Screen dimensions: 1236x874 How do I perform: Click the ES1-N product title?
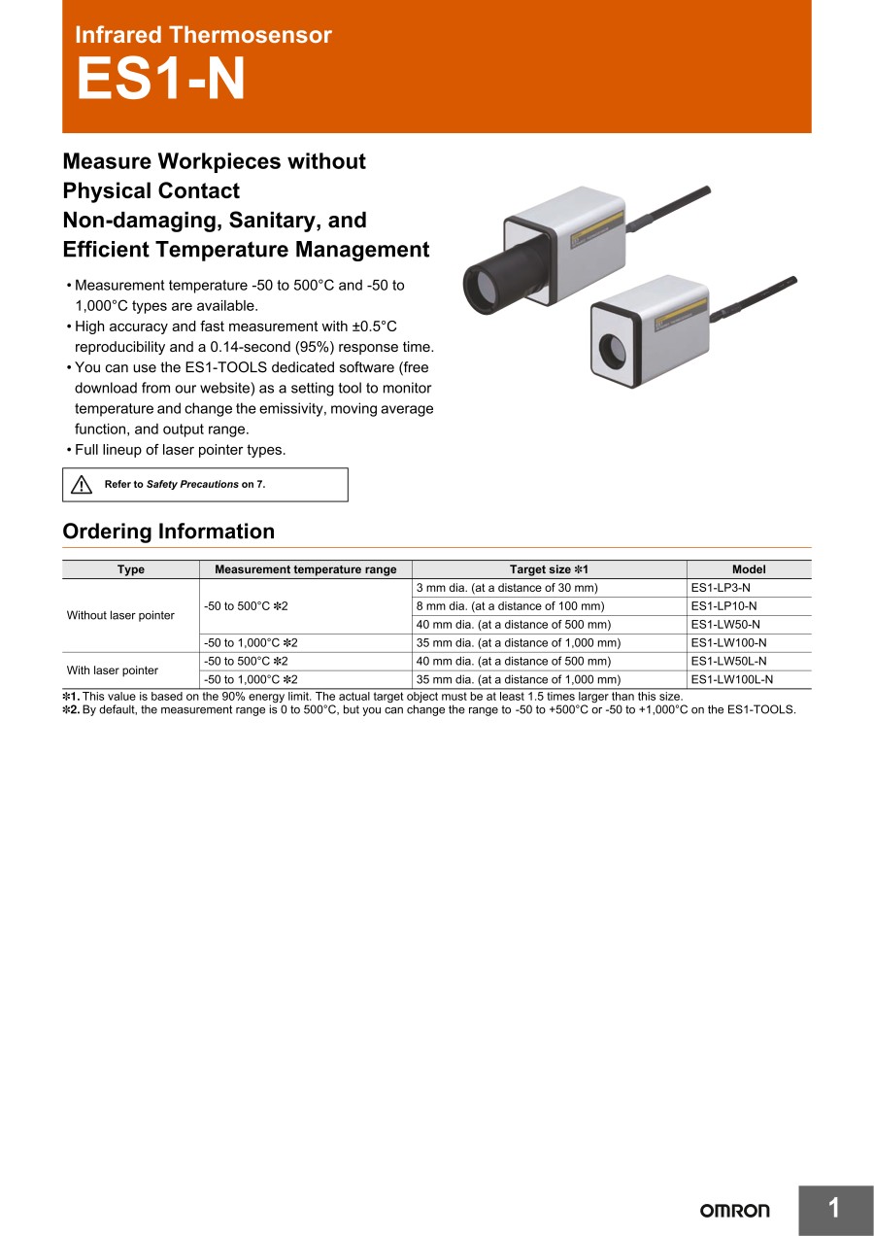point(161,80)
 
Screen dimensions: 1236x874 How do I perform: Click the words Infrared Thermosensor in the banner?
point(203,35)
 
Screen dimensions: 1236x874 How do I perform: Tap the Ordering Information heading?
point(168,532)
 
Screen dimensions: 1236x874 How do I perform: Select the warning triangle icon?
point(82,484)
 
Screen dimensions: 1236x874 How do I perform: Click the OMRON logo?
point(734,1210)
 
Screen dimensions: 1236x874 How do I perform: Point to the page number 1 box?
point(834,1209)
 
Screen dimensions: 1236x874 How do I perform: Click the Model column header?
point(749,569)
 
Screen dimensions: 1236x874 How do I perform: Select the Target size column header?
point(549,569)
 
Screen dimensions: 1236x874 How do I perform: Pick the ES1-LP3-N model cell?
point(720,588)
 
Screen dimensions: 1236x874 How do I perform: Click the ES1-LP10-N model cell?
point(723,606)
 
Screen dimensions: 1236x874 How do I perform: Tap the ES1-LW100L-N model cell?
point(731,680)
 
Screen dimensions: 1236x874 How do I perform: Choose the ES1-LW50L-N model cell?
point(728,662)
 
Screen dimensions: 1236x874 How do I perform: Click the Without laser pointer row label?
point(120,615)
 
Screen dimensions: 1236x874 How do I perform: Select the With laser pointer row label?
point(112,670)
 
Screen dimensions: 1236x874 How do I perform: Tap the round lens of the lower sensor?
point(614,348)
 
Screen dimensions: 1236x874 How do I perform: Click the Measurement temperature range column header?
point(305,569)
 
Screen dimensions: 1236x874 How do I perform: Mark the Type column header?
point(130,569)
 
